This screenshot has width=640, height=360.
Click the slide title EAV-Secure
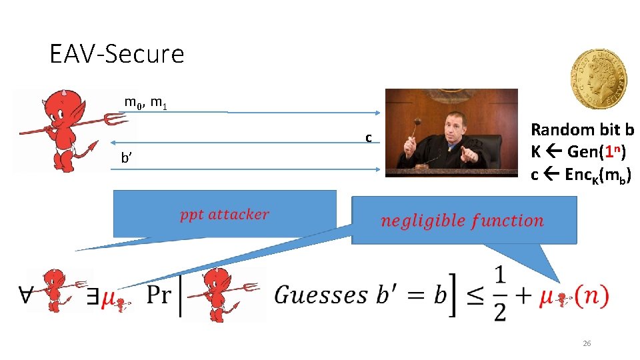(117, 54)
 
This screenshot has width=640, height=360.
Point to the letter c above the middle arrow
(368, 138)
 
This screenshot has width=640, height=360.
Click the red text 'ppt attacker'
(224, 215)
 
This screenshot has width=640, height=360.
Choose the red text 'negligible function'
(462, 221)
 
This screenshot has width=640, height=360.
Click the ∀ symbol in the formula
(27, 295)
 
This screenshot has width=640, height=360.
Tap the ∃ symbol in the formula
(93, 297)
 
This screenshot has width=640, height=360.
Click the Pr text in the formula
(159, 295)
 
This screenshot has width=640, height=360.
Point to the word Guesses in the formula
(321, 294)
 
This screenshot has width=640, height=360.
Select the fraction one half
(500, 293)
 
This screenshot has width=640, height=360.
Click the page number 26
(587, 343)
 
